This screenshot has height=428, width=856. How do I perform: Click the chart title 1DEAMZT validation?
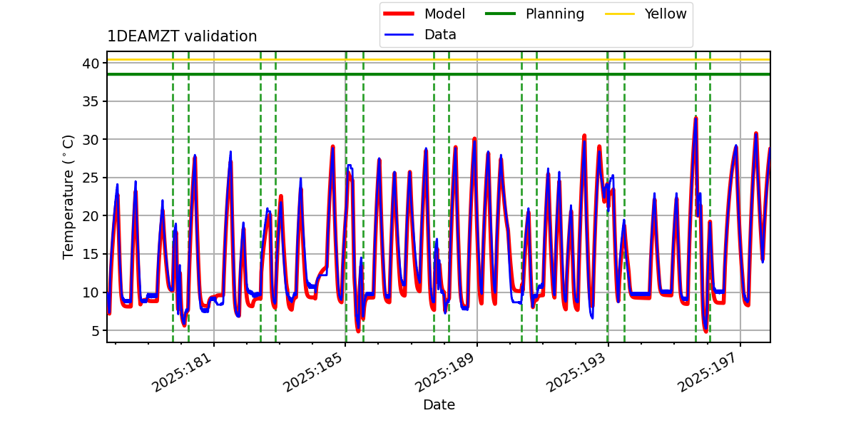coord(182,36)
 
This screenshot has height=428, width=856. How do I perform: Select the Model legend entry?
coord(444,14)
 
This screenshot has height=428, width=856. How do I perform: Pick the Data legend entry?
coord(440,34)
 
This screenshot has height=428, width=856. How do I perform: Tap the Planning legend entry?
coord(555,14)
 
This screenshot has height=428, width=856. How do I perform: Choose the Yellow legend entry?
coord(666,14)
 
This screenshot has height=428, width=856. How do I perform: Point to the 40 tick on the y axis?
coord(90,63)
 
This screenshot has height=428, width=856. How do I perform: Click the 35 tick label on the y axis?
coord(90,101)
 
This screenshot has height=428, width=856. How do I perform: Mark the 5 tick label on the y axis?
coord(93,330)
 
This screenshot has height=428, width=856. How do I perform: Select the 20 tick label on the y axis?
coord(90,216)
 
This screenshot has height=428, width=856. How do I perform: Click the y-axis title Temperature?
coord(68,196)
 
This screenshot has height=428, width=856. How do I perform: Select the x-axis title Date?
coord(439,405)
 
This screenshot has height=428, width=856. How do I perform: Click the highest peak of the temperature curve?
coord(695,118)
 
